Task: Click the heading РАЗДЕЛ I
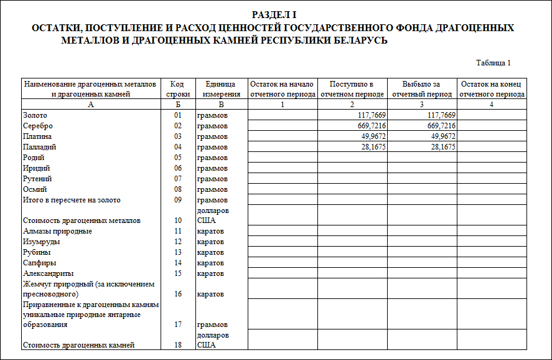click(275, 15)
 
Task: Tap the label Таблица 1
click(494, 63)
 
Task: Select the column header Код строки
click(177, 89)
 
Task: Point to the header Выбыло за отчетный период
click(421, 89)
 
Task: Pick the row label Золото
click(35, 115)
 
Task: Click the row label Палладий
click(39, 147)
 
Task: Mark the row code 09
click(177, 200)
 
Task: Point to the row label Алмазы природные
click(57, 231)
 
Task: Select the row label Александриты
click(48, 273)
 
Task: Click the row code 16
click(177, 293)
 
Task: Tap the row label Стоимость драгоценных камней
click(78, 344)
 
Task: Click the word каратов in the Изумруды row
click(210, 242)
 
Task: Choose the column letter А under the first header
click(91, 105)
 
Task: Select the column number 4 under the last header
click(492, 105)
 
